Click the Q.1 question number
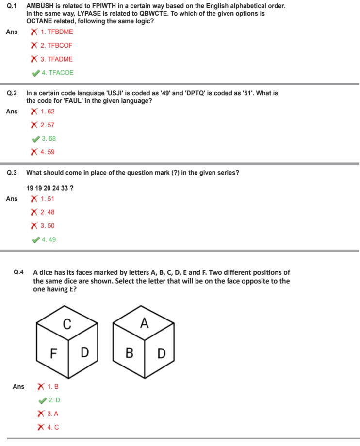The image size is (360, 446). pyautogui.click(x=12, y=6)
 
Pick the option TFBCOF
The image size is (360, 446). pyautogui.click(x=56, y=46)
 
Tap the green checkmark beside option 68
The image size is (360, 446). pyautogui.click(x=35, y=139)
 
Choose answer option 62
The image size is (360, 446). pyautogui.click(x=48, y=111)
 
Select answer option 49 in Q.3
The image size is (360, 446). pyautogui.click(x=49, y=239)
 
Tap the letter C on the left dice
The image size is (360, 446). pyautogui.click(x=67, y=323)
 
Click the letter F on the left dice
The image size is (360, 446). pyautogui.click(x=54, y=352)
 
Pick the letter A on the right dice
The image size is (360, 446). pyautogui.click(x=144, y=323)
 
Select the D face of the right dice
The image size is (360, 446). pyautogui.click(x=161, y=353)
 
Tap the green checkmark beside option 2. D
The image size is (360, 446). pyautogui.click(x=42, y=400)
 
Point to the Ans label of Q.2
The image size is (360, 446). pyautogui.click(x=12, y=111)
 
